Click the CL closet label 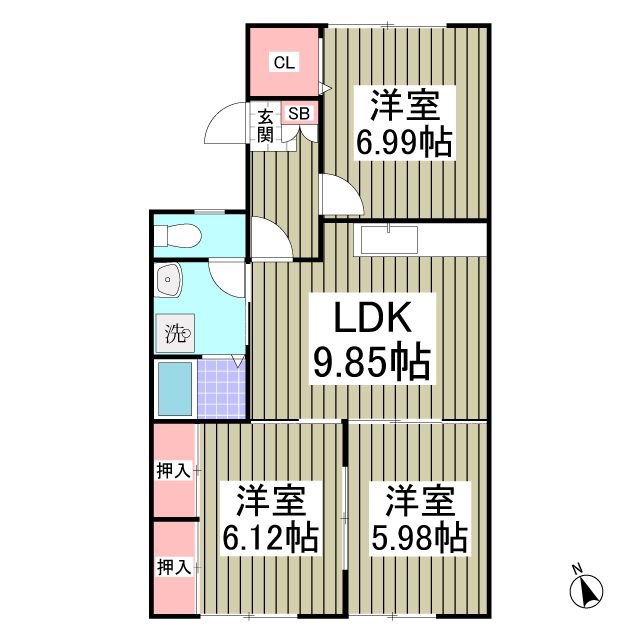coord(284,62)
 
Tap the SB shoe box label coord(298,113)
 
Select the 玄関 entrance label coord(265,125)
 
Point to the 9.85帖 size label coord(372,362)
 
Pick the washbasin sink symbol coord(169,280)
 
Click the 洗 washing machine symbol coord(176,333)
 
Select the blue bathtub coord(174,390)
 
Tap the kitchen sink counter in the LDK coord(390,240)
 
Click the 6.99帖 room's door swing coord(336,193)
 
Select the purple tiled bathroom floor coord(220,390)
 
